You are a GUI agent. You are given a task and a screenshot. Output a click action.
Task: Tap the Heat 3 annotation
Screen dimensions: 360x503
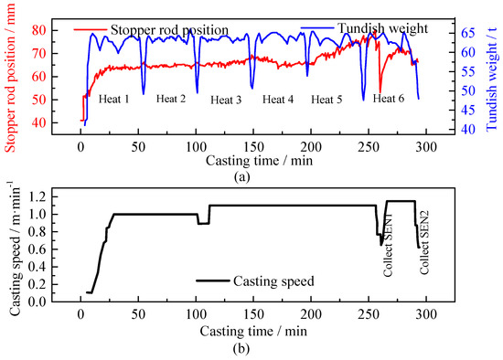(x=226, y=100)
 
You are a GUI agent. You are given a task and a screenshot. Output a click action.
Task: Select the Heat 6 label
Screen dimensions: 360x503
(x=389, y=98)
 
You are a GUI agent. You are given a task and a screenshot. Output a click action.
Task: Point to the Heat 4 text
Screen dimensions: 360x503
(x=278, y=99)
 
